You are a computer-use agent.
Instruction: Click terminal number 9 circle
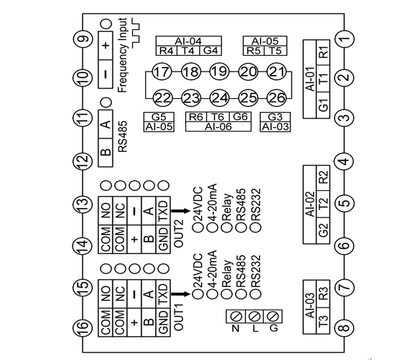click(x=83, y=39)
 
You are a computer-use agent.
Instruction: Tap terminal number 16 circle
click(x=83, y=328)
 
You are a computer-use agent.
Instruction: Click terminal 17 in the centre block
click(x=161, y=72)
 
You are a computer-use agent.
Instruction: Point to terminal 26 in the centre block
click(x=276, y=97)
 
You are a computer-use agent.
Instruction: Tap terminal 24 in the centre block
click(x=219, y=97)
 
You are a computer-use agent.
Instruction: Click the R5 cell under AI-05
click(x=253, y=51)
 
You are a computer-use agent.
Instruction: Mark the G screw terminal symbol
click(x=273, y=316)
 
